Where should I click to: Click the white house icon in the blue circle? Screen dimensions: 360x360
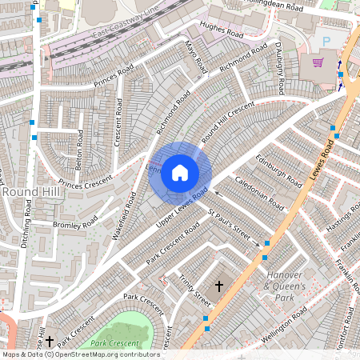180,172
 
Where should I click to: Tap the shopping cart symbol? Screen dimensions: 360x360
318,62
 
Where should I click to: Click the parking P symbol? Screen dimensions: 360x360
325,39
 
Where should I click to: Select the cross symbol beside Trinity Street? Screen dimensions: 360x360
218,286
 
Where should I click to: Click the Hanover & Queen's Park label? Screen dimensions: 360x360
286,286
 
